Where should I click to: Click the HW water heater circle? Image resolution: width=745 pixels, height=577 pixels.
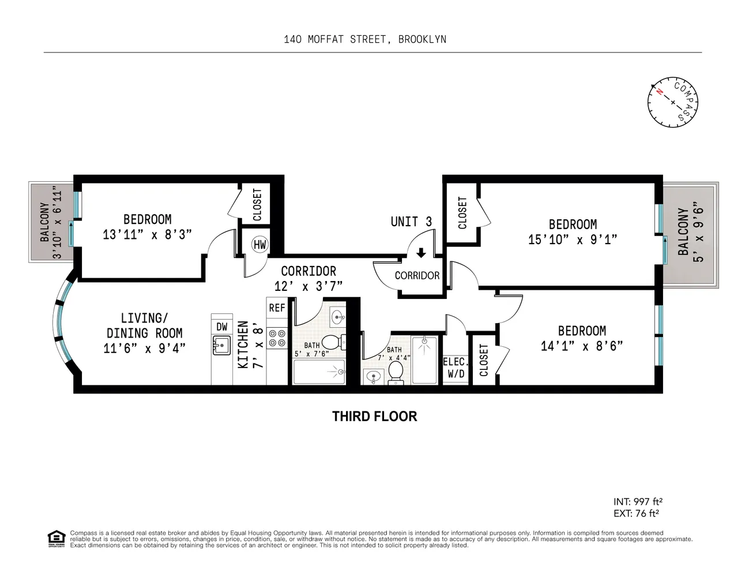(x=260, y=245)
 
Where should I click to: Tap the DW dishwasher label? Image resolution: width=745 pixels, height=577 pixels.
(x=222, y=327)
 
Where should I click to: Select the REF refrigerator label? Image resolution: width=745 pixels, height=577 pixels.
(x=277, y=308)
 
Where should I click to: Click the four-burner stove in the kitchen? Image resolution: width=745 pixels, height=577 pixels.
(x=277, y=338)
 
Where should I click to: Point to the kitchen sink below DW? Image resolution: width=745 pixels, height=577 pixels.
(x=221, y=346)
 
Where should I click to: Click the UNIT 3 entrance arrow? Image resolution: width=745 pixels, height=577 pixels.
(x=421, y=253)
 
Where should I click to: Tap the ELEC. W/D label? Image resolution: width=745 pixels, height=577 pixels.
(x=455, y=368)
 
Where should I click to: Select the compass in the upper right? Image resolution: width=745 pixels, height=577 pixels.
(x=672, y=102)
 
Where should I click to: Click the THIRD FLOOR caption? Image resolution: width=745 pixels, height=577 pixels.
(x=374, y=417)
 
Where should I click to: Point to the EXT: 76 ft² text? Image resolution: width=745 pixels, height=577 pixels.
(x=636, y=513)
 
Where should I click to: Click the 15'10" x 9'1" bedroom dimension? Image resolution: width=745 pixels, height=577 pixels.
(x=573, y=239)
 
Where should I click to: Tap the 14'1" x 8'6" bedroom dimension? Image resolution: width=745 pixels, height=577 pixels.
(x=582, y=346)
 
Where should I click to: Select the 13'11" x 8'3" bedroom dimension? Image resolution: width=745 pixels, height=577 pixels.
(x=147, y=234)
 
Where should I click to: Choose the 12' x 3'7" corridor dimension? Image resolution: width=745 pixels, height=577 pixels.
(x=308, y=286)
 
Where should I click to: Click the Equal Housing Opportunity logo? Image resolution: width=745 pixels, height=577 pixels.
(x=56, y=538)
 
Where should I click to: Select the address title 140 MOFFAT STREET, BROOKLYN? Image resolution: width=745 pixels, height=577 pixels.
(x=365, y=39)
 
